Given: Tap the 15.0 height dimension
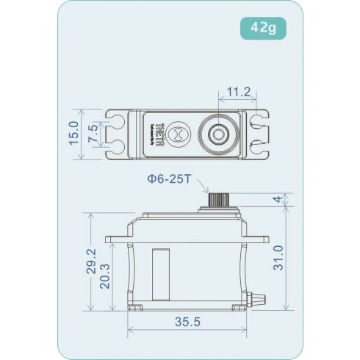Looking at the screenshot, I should coord(73,134).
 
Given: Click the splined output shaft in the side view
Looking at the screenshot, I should coord(218,198).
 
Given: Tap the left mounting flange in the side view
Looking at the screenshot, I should coord(118,239).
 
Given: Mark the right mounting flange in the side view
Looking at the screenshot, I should coord(258,239).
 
